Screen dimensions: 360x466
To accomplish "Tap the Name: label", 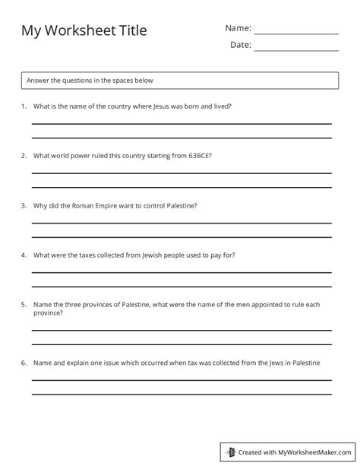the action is tap(238, 28).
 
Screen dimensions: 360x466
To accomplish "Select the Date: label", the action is tap(240, 45).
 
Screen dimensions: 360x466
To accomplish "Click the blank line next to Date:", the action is tap(296, 50).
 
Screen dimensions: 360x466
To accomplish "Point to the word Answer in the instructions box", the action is tap(38, 80).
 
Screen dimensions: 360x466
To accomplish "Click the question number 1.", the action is tap(24, 106).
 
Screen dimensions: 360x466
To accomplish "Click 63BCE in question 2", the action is tap(197, 156).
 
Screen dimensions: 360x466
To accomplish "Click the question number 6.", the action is tap(24, 363).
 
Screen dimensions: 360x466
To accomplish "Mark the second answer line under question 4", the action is tap(181, 285).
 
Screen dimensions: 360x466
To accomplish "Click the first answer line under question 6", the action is tap(181, 380).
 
